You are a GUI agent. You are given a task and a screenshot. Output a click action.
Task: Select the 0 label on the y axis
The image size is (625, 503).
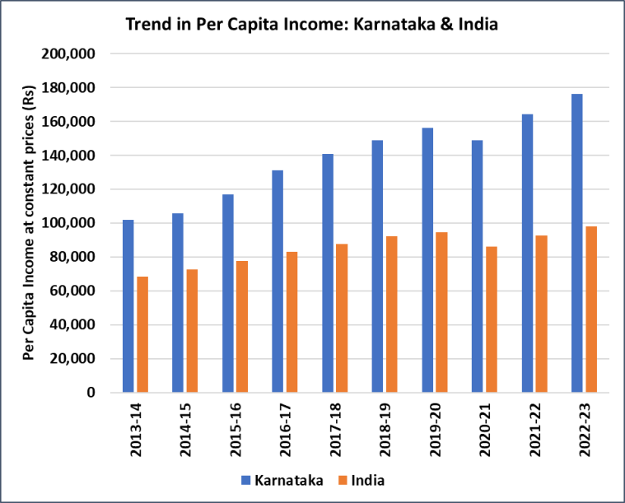click(x=91, y=393)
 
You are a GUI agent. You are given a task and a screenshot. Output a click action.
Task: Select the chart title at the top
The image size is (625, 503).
click(x=312, y=25)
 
